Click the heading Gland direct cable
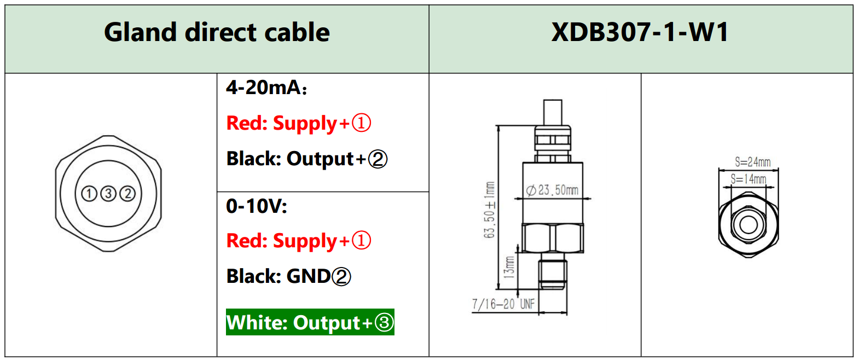[x=217, y=32]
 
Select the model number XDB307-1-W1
[x=640, y=32]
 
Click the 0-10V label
[x=256, y=206]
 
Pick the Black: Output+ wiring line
[x=306, y=159]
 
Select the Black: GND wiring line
[x=288, y=277]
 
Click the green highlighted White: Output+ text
[x=310, y=322]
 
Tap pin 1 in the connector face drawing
[x=89, y=194]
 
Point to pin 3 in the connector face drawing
[x=108, y=194]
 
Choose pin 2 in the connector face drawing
[x=127, y=194]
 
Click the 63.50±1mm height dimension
[x=490, y=210]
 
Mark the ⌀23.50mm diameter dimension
[x=552, y=190]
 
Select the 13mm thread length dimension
[x=509, y=266]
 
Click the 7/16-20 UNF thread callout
[x=503, y=304]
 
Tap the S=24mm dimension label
[x=752, y=162]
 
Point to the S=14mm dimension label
[x=748, y=179]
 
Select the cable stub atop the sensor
[x=553, y=113]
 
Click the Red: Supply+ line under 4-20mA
[x=299, y=124]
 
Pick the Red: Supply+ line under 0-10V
[x=299, y=241]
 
